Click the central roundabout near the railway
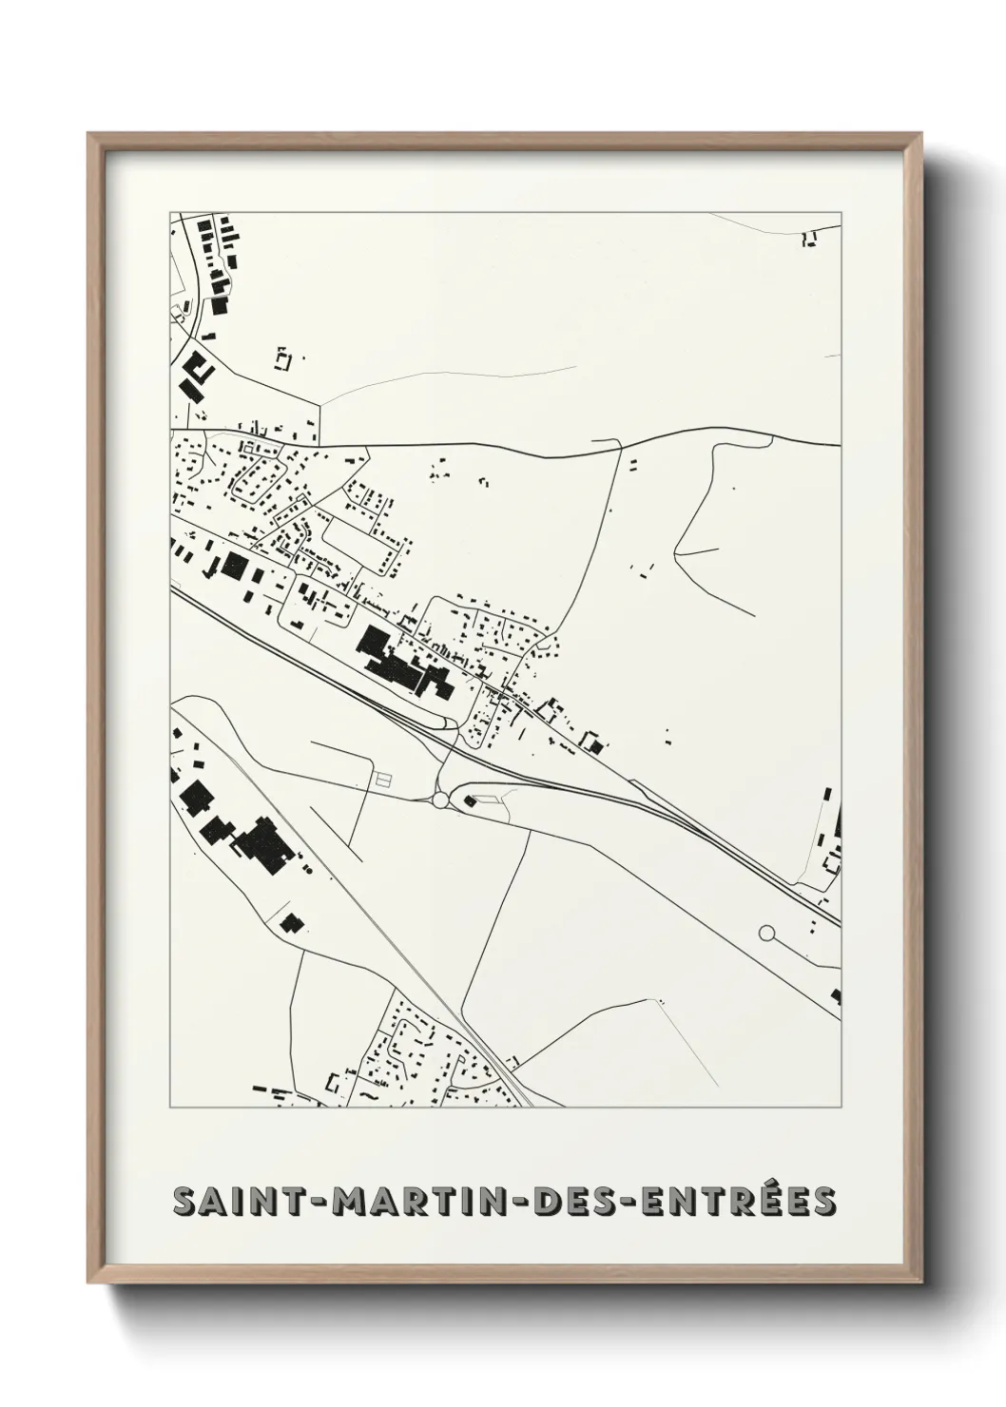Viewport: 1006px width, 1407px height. tap(440, 800)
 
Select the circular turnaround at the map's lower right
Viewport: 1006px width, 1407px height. tap(767, 935)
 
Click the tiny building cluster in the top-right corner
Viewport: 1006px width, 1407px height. tap(810, 239)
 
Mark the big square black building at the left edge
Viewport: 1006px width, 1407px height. tap(233, 569)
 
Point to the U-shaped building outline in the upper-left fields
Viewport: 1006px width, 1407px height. tap(281, 358)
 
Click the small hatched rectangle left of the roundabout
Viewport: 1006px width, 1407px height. tap(383, 779)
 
